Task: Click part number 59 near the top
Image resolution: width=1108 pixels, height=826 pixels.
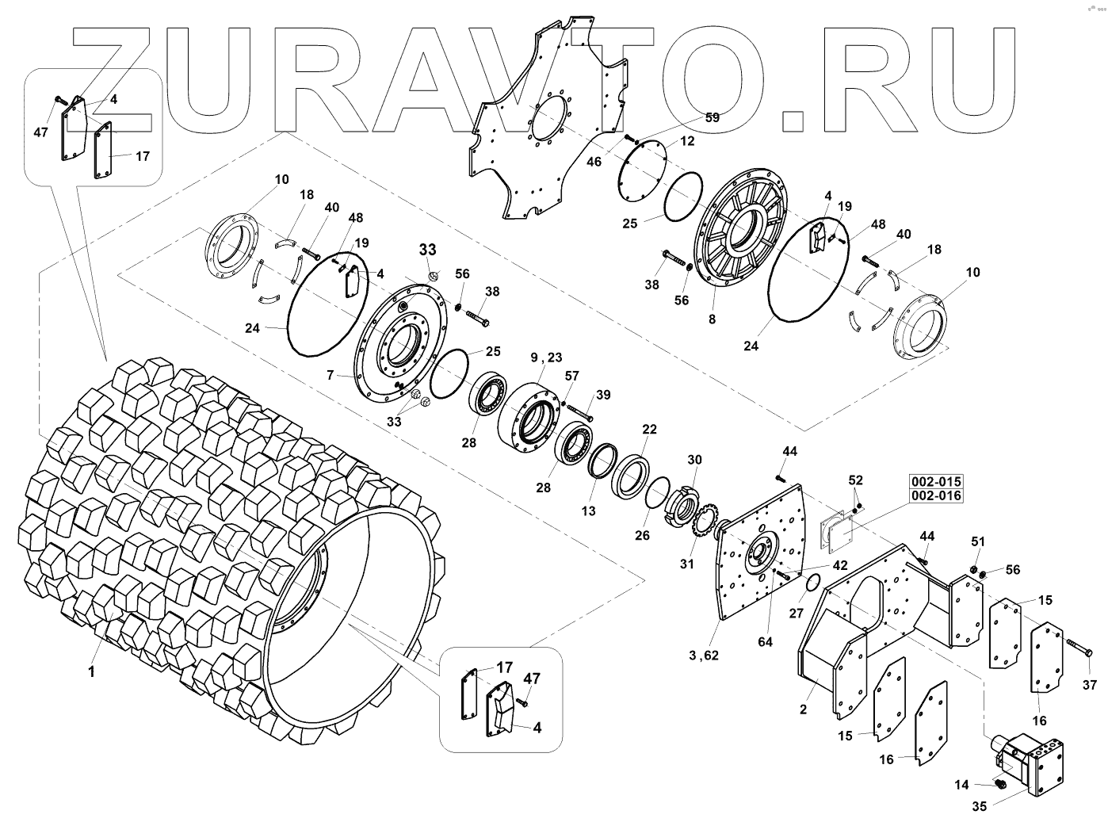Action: tap(712, 118)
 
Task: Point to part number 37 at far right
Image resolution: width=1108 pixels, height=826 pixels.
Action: tap(1090, 685)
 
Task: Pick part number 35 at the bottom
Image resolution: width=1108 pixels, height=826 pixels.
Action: tap(979, 808)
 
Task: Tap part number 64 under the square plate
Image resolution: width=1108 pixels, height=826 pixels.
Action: tap(764, 642)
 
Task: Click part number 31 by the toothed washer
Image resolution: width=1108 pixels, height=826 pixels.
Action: tap(686, 564)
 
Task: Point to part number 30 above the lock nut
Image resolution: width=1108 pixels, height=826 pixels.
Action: tap(694, 460)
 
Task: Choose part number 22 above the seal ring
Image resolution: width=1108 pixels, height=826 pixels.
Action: tap(649, 430)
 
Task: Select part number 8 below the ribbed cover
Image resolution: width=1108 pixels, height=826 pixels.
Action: tap(712, 319)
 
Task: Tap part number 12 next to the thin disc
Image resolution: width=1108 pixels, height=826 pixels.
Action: tap(687, 141)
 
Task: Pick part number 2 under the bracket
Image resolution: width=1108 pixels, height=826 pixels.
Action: tap(803, 709)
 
